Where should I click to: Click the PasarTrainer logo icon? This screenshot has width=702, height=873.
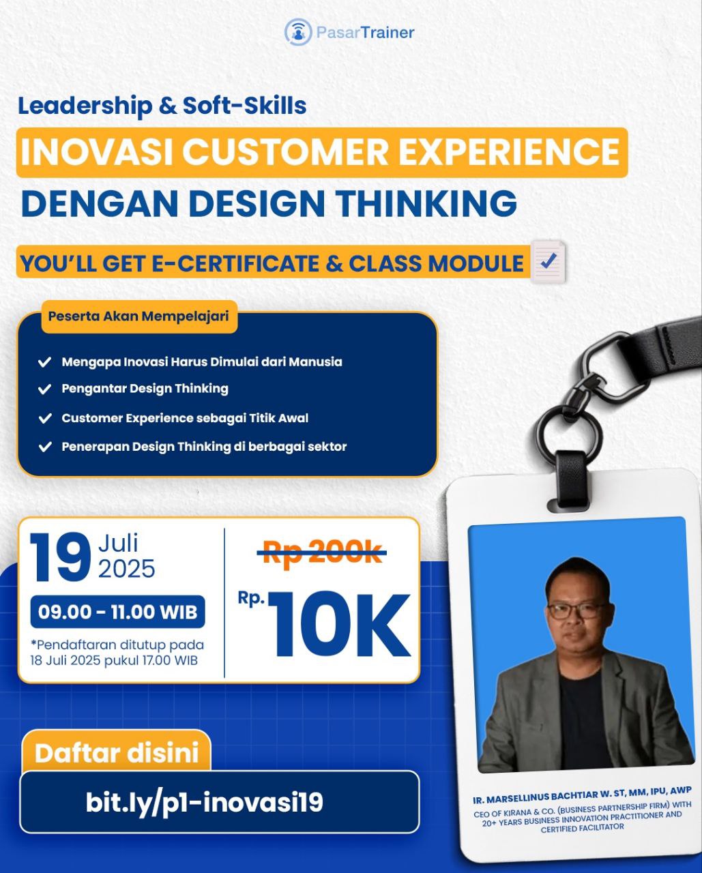pyautogui.click(x=298, y=31)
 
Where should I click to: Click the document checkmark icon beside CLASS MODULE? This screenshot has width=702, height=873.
pyautogui.click(x=549, y=262)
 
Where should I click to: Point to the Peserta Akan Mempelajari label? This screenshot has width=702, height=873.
pyautogui.click(x=138, y=316)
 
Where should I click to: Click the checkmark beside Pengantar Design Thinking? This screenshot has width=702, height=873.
pyautogui.click(x=44, y=389)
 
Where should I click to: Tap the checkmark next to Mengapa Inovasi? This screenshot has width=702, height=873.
pyautogui.click(x=44, y=362)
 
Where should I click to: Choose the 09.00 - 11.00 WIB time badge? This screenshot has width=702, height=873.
pyautogui.click(x=117, y=612)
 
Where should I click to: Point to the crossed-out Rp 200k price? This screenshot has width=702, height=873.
pyautogui.click(x=322, y=552)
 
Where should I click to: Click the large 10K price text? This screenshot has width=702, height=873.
pyautogui.click(x=339, y=624)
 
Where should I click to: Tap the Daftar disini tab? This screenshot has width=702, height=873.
pyautogui.click(x=117, y=753)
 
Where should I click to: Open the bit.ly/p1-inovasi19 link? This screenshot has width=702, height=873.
pyautogui.click(x=204, y=803)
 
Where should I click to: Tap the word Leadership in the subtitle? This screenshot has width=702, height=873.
pyautogui.click(x=85, y=106)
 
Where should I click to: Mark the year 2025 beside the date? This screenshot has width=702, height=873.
pyautogui.click(x=126, y=569)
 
